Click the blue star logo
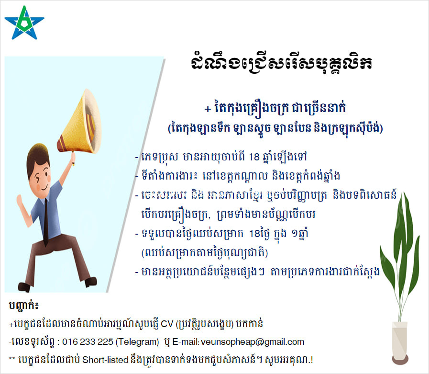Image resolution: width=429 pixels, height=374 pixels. coord(24,23)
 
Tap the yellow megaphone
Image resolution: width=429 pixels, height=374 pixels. coord(79,122)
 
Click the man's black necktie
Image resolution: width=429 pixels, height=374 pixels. coord(46,221)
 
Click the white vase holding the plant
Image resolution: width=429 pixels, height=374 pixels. coord(400,343)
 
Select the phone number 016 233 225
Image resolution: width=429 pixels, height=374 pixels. coord(88,342)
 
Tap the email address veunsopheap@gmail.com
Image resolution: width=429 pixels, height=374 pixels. coord(252,342)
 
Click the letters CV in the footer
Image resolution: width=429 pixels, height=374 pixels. coord(167,324)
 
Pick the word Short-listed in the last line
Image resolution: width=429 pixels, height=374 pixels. coord(105,360)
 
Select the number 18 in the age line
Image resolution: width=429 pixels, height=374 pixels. coord(254,157)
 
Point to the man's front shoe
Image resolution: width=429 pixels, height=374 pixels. coord(91,282)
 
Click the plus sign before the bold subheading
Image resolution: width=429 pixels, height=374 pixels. coord(208,109)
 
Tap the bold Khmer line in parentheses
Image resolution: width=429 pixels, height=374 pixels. coord(275,127)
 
